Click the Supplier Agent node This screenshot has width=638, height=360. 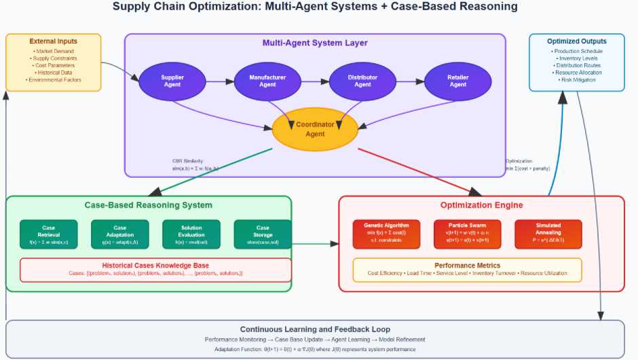coord(172,82)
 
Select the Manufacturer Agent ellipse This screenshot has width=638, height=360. coord(267,82)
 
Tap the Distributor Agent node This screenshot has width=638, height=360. coord(362,82)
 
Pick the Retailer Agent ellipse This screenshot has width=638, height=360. coord(457,82)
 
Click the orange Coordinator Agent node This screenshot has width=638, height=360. coord(315,129)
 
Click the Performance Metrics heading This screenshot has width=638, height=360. coord(467,265)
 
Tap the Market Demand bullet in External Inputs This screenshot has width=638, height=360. coord(54,51)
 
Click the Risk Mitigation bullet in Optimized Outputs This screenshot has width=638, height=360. coord(577,80)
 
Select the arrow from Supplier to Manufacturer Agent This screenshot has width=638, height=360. coord(219,82)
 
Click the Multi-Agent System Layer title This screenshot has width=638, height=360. coord(315,43)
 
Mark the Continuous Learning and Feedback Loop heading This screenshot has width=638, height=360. coord(315,329)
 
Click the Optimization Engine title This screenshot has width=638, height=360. coord(481,205)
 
